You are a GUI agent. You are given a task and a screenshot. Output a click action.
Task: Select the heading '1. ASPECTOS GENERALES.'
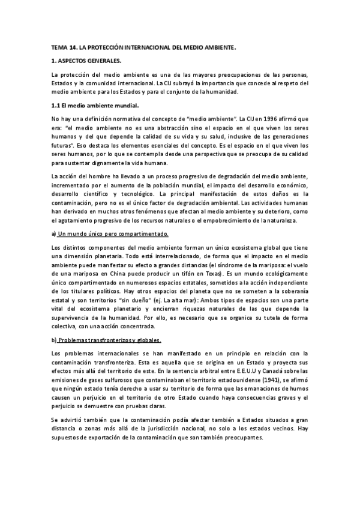point(86,61)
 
